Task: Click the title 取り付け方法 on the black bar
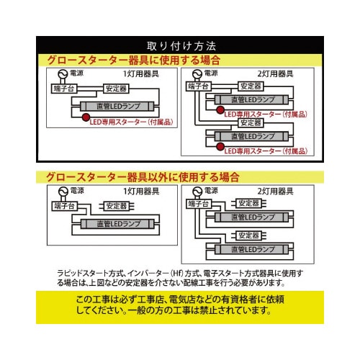pos(181,46)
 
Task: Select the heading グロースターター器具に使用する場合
pos(133,60)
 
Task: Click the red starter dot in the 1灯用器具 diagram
pos(86,117)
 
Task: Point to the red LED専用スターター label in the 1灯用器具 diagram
pos(131,122)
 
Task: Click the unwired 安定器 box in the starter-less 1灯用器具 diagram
pos(117,206)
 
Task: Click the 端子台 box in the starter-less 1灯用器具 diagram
pos(64,206)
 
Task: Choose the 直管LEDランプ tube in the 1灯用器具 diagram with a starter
pos(117,107)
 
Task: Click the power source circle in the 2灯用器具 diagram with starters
pos(197,73)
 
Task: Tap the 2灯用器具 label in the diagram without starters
pos(275,192)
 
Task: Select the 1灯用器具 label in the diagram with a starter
pos(141,73)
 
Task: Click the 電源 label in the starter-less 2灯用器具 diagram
pos(211,191)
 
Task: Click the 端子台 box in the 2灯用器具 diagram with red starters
pos(199,86)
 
